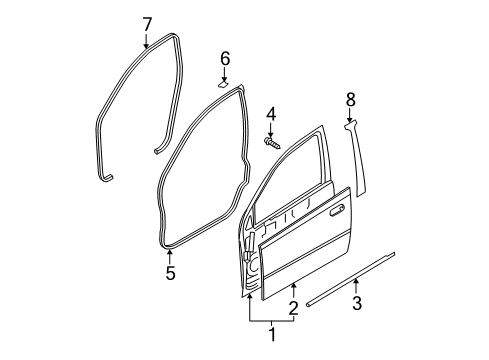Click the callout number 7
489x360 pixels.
coord(146,22)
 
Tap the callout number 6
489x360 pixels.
coord(225,58)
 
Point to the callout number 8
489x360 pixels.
coord(350,100)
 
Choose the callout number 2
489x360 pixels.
coord(292,307)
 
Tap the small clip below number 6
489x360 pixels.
coord(225,84)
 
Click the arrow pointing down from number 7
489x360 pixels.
coord(146,40)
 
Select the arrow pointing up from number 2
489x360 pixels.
coord(292,289)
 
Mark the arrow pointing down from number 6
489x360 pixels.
coord(225,75)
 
